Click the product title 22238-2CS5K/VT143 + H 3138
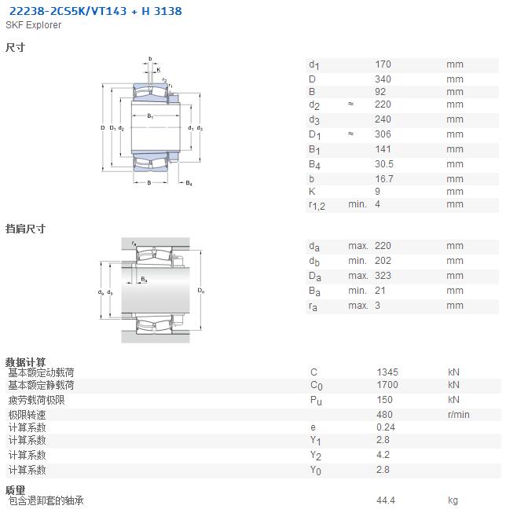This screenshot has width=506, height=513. pyautogui.click(x=95, y=11)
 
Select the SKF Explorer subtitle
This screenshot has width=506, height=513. pyautogui.click(x=33, y=25)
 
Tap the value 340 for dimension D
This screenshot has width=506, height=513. pyautogui.click(x=383, y=79)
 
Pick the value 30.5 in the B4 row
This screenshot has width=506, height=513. pyautogui.click(x=384, y=164)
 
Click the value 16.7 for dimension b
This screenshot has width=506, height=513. pyautogui.click(x=384, y=179)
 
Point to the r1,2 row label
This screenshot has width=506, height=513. pyautogui.click(x=317, y=206)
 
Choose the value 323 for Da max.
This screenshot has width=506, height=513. pyautogui.click(x=383, y=276)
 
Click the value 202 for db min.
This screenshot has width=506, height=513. pyautogui.click(x=383, y=261)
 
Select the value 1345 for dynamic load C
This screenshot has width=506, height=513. pyautogui.click(x=387, y=372)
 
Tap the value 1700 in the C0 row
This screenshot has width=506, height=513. pyautogui.click(x=387, y=385)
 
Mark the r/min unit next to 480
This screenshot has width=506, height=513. pyautogui.click(x=459, y=415)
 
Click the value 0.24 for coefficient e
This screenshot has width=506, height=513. pyautogui.click(x=386, y=427)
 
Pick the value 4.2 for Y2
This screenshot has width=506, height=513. pyautogui.click(x=383, y=455)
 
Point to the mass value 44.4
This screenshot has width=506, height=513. pyautogui.click(x=386, y=500)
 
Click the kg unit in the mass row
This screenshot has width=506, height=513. pyautogui.click(x=453, y=500)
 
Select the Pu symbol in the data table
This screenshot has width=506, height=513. pyautogui.click(x=316, y=401)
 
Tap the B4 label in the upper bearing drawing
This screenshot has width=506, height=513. pyautogui.click(x=189, y=183)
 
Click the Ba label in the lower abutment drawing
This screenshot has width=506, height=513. pyautogui.click(x=144, y=280)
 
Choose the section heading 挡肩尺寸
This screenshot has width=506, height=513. pyautogui.click(x=25, y=229)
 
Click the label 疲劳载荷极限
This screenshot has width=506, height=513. pyautogui.click(x=37, y=400)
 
